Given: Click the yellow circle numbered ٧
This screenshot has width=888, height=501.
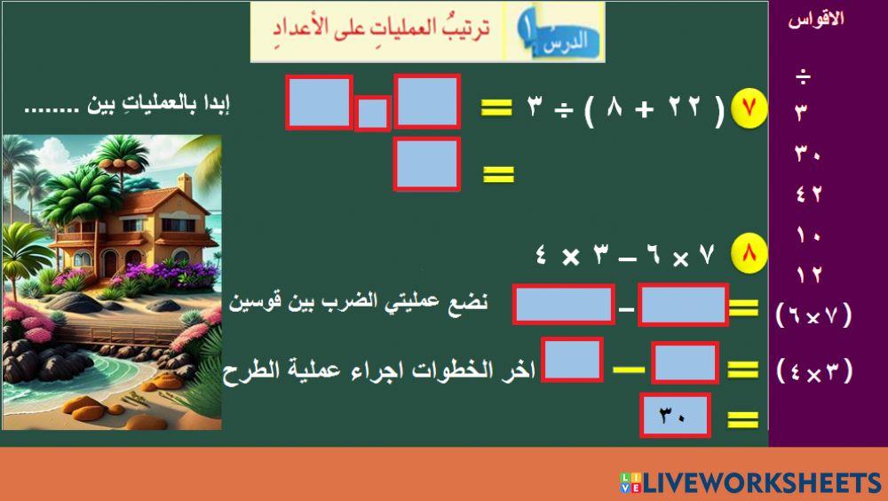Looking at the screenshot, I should [x=749, y=110].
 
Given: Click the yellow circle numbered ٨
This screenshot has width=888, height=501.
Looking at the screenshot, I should [x=749, y=254].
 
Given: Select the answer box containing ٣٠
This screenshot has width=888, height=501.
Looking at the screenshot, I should [x=676, y=416].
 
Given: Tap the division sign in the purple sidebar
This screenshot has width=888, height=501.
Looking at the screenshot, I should [x=803, y=77].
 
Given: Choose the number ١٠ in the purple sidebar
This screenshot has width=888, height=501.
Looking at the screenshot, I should [x=808, y=235].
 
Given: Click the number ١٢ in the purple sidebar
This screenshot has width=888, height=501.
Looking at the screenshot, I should [x=808, y=275].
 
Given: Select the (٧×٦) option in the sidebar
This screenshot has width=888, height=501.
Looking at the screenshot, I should [x=813, y=314].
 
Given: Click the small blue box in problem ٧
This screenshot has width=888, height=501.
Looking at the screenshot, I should [x=372, y=114].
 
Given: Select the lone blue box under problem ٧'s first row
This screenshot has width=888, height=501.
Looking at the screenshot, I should [x=427, y=163].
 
